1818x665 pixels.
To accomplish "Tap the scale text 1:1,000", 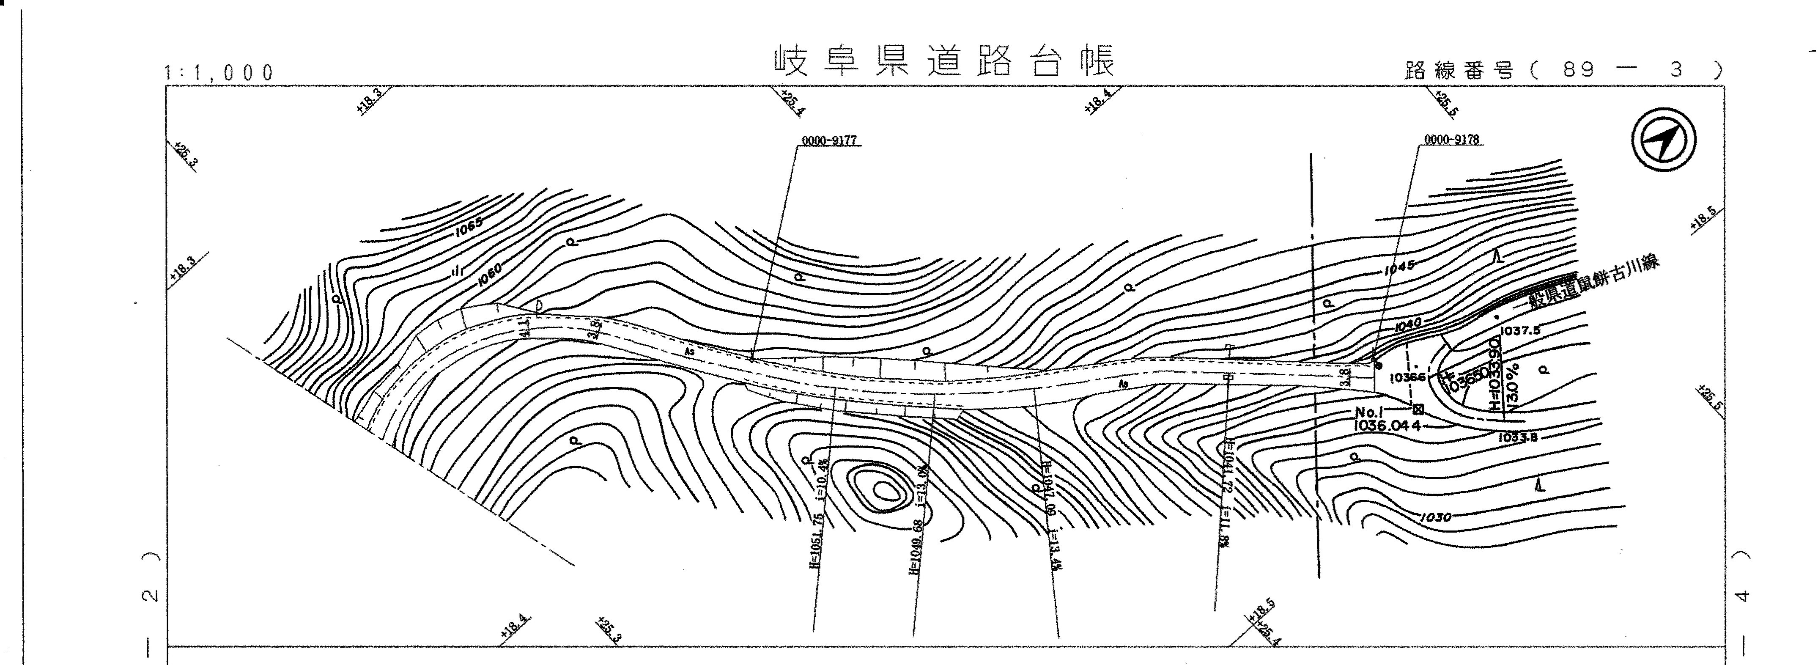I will [x=219, y=73].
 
